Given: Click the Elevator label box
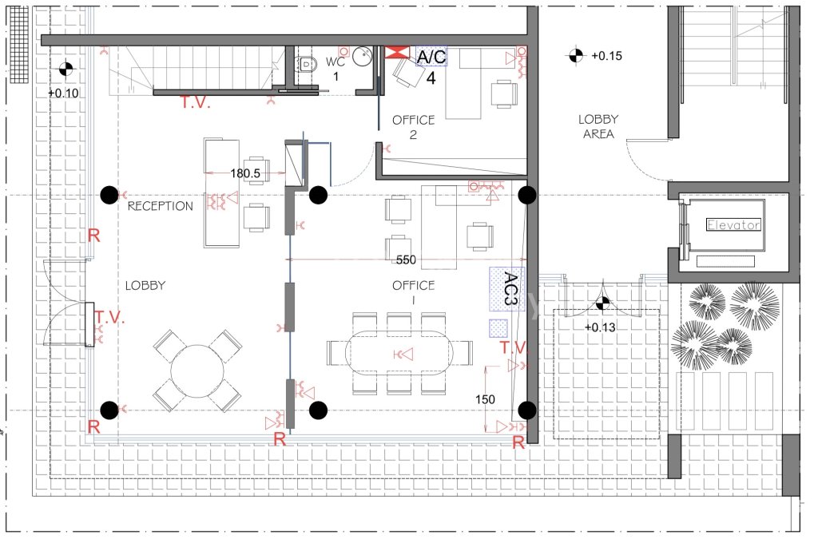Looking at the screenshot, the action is point(733,224).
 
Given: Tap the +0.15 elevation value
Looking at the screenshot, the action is point(607,56).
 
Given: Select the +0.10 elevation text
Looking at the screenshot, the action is point(63,93).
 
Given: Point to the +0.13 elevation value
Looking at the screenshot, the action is point(600,327).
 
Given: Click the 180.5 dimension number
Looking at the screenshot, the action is point(245,173).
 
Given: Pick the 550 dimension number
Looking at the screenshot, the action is point(406,260).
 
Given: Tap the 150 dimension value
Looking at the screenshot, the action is point(485,399).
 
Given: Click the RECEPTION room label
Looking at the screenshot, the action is point(160,206).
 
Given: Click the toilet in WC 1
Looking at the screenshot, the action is point(308,64).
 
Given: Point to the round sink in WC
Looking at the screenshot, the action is point(362,57).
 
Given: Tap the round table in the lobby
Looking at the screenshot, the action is point(197,371).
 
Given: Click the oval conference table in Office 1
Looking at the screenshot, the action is point(399,353).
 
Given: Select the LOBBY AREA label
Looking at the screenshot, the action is point(598,127).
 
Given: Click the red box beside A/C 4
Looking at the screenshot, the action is point(397,52).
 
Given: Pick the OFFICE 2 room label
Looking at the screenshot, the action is point(413,127).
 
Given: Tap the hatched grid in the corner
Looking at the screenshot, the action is point(19,44).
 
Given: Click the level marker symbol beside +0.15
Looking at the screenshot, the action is point(575,55).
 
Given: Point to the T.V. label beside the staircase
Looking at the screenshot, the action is point(196,102).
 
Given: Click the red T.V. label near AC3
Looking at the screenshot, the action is point(514,347).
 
